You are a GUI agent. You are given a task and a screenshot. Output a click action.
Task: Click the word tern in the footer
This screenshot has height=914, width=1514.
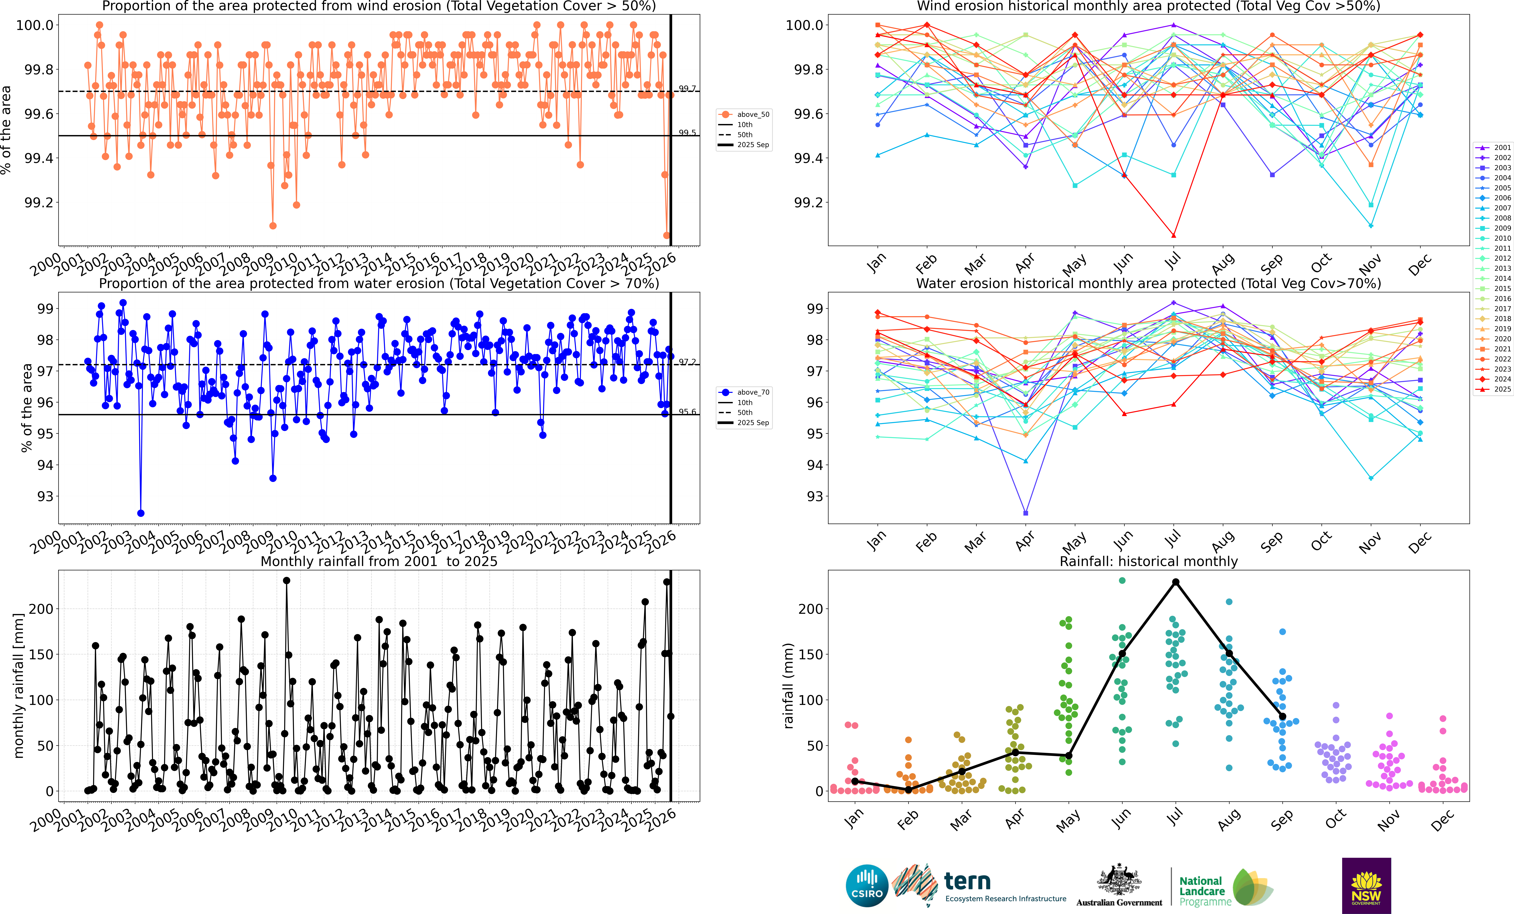967,881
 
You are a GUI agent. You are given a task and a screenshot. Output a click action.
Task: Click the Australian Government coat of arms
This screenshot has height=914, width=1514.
1119,880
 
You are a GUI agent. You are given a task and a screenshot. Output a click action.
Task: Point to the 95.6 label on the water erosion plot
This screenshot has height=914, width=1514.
687,412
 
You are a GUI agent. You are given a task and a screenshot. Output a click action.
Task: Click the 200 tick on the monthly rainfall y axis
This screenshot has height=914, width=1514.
41,608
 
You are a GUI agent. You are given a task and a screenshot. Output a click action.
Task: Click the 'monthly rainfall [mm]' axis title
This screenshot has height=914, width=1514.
18,685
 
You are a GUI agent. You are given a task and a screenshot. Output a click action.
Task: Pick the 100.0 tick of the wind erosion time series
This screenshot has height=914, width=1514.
34,25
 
